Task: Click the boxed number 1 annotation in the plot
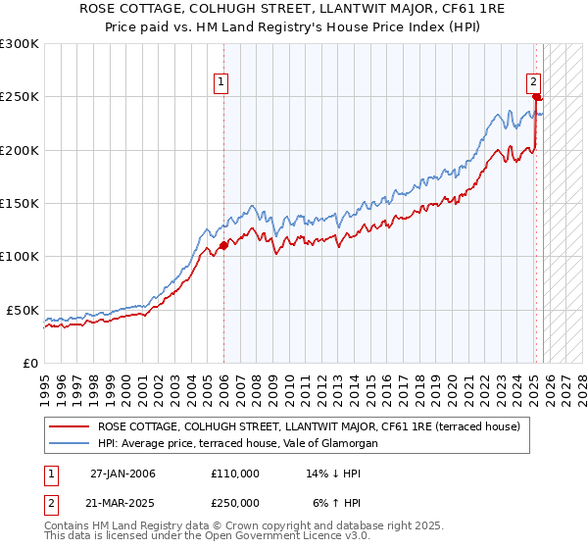coord(222,83)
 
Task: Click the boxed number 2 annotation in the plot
coord(533,83)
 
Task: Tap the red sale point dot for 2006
coord(223,245)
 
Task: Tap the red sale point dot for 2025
coord(536,97)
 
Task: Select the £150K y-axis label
coord(20,203)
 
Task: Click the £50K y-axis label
coord(24,310)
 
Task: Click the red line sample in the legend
coord(70,426)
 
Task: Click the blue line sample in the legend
coord(70,444)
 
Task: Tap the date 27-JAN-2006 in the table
coord(122,474)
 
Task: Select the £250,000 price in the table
coord(235,503)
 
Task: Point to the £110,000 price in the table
coord(235,474)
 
